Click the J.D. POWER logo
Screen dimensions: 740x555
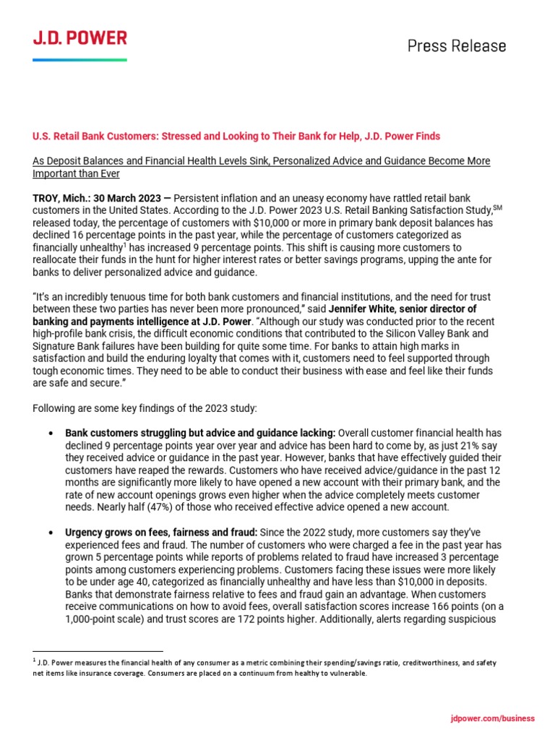coord(79,38)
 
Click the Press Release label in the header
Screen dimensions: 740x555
coord(457,46)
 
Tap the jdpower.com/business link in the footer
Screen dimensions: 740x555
coord(492,718)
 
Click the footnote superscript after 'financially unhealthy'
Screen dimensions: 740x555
coord(109,244)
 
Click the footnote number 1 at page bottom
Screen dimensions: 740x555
coord(34,661)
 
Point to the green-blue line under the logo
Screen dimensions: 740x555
coord(79,59)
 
